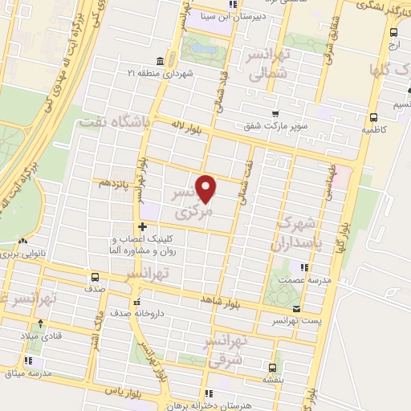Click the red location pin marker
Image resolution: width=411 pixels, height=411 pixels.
[207, 188]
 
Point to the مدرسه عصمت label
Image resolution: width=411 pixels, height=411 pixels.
[301, 281]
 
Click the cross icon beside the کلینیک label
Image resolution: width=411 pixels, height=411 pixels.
[142, 227]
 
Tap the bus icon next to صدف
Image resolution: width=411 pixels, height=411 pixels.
[94, 278]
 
